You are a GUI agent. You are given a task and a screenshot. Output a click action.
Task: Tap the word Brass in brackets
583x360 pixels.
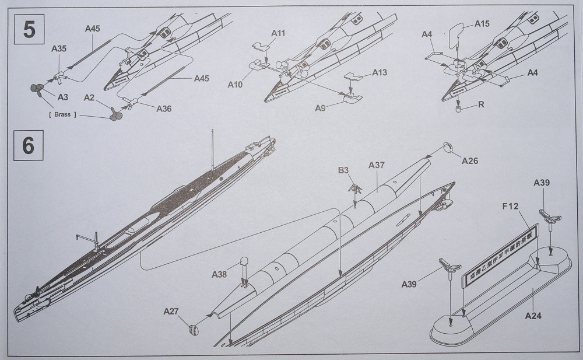[61, 114]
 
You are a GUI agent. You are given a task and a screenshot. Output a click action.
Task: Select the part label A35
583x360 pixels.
[59, 50]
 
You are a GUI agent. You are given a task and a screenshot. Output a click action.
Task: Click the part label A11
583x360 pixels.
[278, 33]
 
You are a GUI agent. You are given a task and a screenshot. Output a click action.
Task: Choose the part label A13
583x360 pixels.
[379, 73]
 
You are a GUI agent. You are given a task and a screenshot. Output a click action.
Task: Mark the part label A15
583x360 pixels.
[482, 24]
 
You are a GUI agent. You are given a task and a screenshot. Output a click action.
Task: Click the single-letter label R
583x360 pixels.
[481, 105]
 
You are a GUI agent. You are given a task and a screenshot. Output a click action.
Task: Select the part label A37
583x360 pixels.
[377, 165]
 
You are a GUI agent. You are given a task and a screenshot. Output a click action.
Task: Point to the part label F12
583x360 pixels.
[510, 206]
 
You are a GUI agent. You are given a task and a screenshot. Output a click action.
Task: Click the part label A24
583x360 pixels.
[533, 316]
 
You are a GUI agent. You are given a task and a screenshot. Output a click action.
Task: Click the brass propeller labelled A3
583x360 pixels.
[36, 90]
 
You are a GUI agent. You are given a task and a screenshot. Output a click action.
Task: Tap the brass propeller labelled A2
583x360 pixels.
[113, 114]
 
